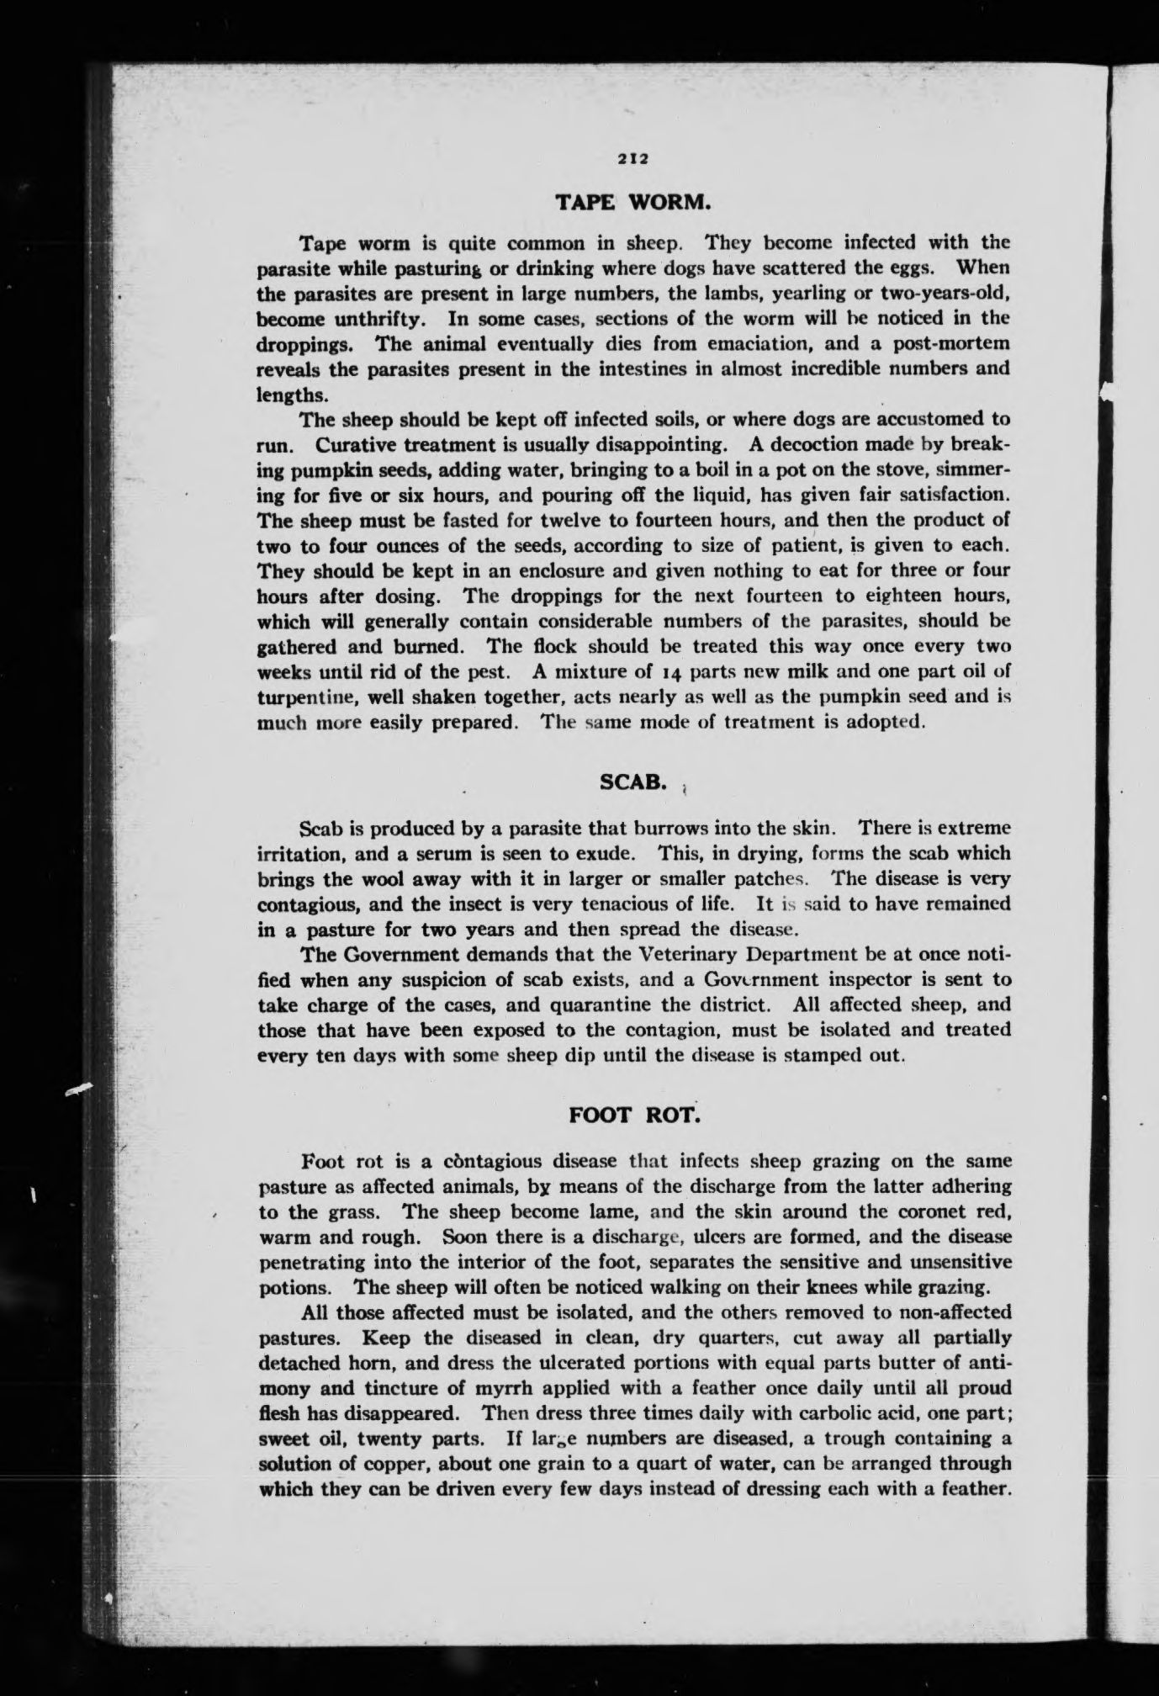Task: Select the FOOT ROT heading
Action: tap(634, 1115)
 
